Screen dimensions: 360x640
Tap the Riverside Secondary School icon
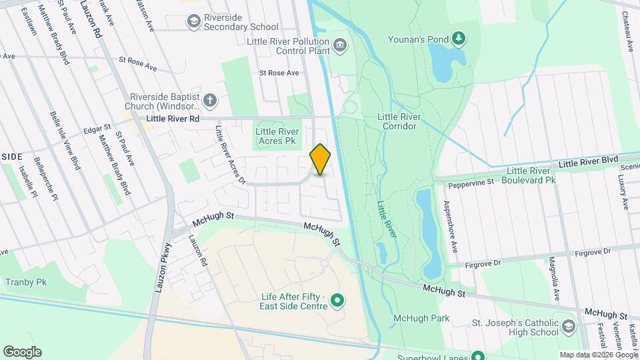[x=193, y=22]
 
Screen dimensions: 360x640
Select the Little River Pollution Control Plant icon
[x=341, y=45]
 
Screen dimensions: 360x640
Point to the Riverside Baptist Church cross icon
[x=209, y=101]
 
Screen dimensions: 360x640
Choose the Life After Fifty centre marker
[x=337, y=301]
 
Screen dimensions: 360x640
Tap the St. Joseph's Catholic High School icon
[x=567, y=326]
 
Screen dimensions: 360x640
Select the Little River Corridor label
[x=399, y=121]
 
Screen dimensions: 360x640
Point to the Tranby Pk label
[x=26, y=282]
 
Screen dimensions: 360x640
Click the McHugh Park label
[x=421, y=318]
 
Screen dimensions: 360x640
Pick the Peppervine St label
[x=471, y=181]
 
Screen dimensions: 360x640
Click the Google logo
[x=22, y=352]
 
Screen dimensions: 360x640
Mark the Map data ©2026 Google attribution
[x=598, y=355]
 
